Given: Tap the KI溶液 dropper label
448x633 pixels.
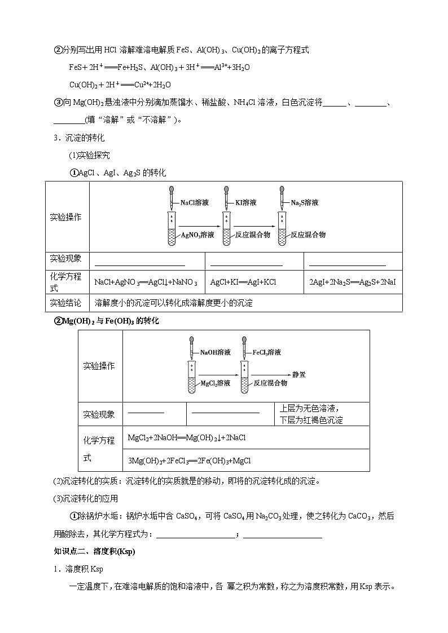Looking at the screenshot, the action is tap(246, 202).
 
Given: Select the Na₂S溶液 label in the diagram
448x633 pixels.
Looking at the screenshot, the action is tap(305, 202).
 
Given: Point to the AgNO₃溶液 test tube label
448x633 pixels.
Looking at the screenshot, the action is tap(197, 234).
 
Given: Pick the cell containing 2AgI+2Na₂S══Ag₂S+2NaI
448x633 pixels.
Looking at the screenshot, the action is tap(353, 282).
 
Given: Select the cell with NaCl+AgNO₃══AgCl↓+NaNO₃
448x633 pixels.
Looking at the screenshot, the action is tap(146, 282).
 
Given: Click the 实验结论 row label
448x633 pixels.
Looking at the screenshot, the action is tap(65, 303).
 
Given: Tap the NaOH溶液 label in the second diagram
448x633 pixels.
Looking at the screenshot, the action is tap(215, 352).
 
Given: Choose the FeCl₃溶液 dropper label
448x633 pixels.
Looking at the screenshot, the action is tap(267, 352).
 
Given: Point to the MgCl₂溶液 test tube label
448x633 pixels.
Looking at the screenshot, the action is tap(216, 383).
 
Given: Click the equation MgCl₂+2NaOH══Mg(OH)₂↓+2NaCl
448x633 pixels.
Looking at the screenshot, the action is tap(187, 437).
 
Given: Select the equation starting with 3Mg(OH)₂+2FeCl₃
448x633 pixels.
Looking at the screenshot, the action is tap(190, 460).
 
